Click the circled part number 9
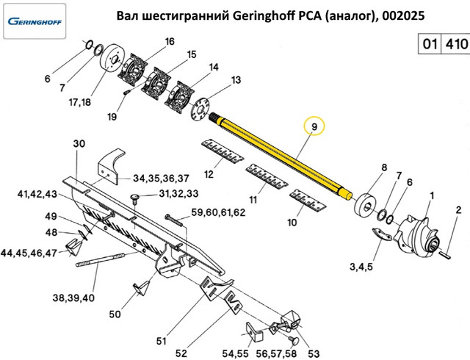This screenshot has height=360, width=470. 314,127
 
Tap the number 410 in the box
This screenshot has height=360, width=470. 455,44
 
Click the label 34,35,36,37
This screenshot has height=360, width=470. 161,179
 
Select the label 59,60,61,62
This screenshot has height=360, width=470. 217,213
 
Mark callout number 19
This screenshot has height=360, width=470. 112,117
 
